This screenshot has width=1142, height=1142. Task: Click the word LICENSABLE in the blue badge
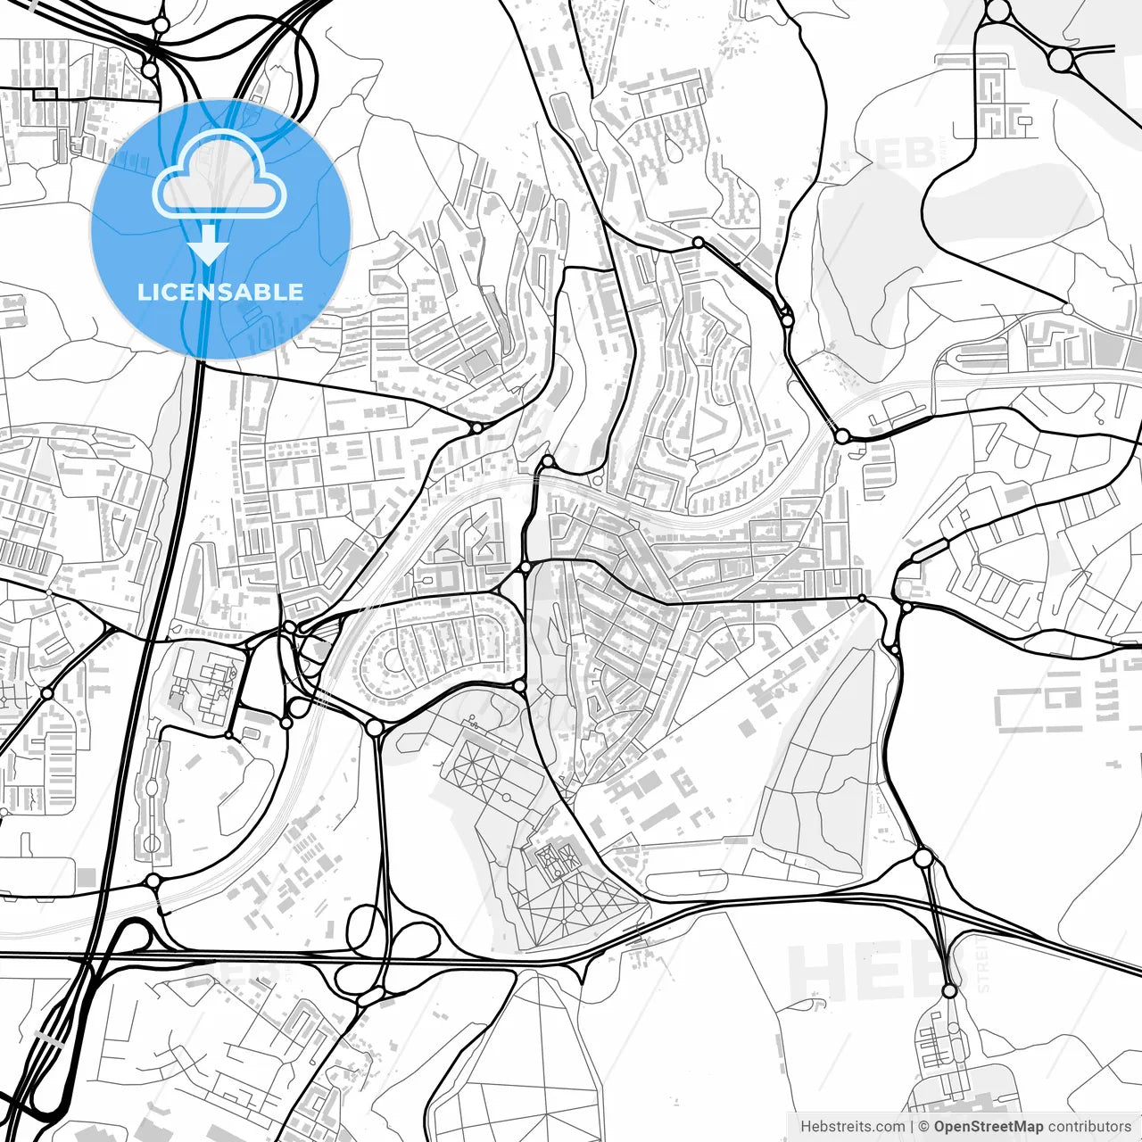click(220, 292)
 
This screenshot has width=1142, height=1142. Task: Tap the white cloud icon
click(219, 176)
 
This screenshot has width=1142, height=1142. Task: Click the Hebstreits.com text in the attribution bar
click(852, 1127)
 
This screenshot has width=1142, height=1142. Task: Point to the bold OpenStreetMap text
click(989, 1127)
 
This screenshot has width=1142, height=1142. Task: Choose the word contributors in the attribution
click(1089, 1127)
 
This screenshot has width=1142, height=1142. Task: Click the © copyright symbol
click(924, 1127)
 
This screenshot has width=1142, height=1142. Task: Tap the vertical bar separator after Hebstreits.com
click(911, 1127)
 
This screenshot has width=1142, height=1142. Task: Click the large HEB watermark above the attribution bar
click(865, 972)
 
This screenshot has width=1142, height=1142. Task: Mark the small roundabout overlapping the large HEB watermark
click(949, 990)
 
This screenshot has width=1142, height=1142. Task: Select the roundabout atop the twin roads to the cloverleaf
click(375, 728)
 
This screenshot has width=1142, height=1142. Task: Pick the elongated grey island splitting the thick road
click(50, 1040)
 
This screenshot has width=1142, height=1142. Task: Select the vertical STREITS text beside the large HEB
click(983, 964)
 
